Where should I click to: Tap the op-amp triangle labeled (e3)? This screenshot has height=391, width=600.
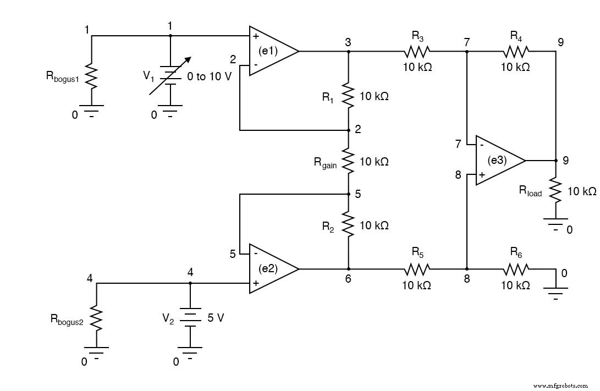pos(497,161)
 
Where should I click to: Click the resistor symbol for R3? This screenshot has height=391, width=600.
pos(417,52)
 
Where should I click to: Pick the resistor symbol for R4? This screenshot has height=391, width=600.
pos(515,52)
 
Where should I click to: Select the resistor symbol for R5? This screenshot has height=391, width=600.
pos(417,269)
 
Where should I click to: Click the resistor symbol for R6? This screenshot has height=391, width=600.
pos(515,269)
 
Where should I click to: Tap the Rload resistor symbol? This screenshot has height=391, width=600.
pos(555,190)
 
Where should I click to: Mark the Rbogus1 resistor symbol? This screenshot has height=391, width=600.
pos(91,78)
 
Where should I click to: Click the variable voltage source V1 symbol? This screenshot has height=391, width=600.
pos(170,77)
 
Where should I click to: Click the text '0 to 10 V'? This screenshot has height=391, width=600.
pos(210,76)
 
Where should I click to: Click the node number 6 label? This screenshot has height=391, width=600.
pos(348,279)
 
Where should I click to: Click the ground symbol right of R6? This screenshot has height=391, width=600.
pos(555,290)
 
